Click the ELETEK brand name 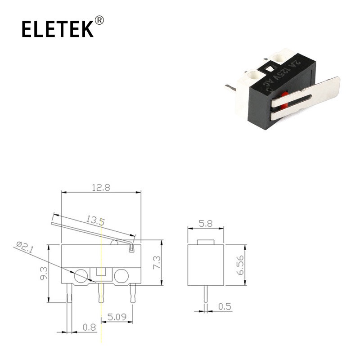[58, 29]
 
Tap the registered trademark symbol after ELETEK [99, 20]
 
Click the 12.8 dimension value [101, 188]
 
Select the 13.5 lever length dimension [95, 220]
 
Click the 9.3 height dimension [44, 273]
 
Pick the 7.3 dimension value [157, 263]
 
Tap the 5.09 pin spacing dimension [117, 317]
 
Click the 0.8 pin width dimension [89, 327]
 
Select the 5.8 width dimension [206, 223]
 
